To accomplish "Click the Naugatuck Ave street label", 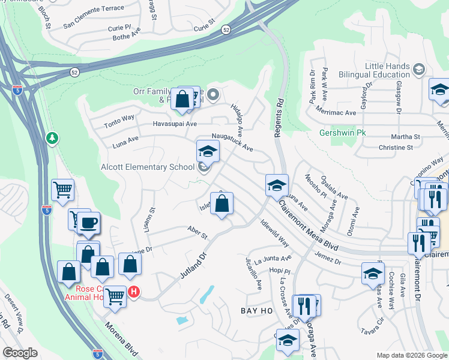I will [232, 142].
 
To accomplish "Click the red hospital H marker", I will [134, 293].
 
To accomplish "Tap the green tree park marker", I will [53, 139].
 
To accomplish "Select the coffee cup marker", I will [88, 223].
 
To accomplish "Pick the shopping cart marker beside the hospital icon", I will [115, 295].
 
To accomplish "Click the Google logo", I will [19, 353].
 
